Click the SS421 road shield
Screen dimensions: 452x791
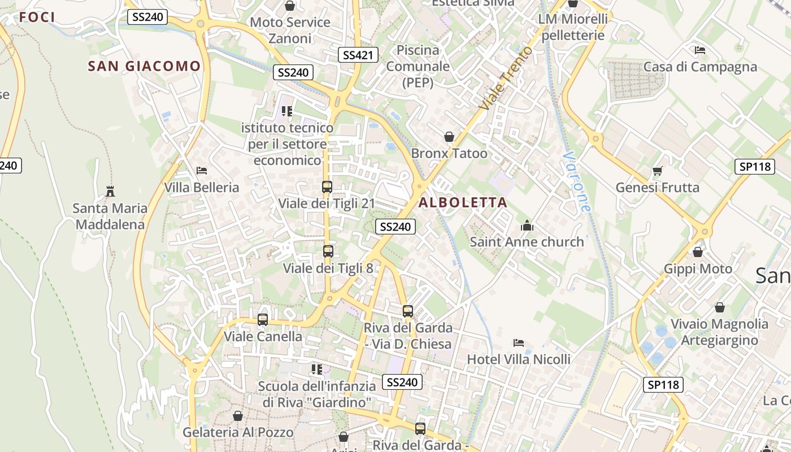point(358,55)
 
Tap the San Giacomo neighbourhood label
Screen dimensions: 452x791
point(144,66)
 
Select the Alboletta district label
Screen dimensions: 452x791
point(463,202)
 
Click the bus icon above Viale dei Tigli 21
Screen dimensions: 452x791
point(327,186)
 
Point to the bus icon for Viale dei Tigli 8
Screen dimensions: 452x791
point(328,251)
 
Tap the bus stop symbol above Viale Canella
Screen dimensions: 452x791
point(263,320)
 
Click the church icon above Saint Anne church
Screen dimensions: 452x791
point(527,225)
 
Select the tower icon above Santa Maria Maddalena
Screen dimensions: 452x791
point(110,192)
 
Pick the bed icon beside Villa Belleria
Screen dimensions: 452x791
point(202,171)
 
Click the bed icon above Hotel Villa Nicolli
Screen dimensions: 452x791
point(519,343)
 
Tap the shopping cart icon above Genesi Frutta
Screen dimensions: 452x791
point(657,171)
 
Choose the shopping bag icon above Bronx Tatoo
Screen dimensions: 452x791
point(449,137)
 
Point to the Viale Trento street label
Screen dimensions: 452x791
point(506,78)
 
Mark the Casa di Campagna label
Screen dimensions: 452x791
point(700,67)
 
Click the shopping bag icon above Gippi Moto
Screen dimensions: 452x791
point(698,252)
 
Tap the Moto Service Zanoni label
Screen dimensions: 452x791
point(290,31)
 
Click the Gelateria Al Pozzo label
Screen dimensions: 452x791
point(238,433)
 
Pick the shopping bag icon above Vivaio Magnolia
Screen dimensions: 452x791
point(719,307)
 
